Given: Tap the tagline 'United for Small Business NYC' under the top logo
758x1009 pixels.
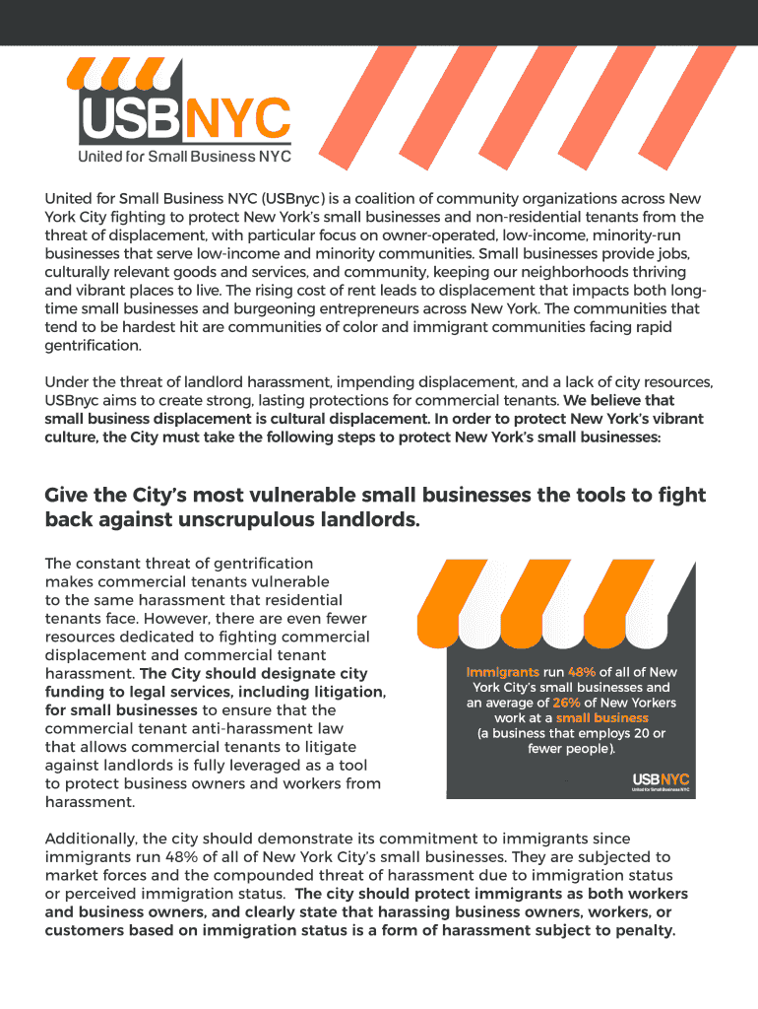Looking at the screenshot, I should pyautogui.click(x=184, y=157).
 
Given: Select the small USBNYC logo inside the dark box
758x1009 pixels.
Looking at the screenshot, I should pyautogui.click(x=661, y=781).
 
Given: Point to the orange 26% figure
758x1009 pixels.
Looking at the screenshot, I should pyautogui.click(x=566, y=703).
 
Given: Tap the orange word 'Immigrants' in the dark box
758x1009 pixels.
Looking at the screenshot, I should pyautogui.click(x=502, y=672).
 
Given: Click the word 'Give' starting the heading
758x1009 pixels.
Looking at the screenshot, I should pyautogui.click(x=68, y=495).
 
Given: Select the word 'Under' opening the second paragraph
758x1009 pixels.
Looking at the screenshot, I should pyautogui.click(x=66, y=382).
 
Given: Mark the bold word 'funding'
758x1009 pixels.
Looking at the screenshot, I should pyautogui.click(x=74, y=692).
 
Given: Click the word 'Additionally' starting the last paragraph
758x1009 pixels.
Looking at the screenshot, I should pyautogui.click(x=92, y=838).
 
